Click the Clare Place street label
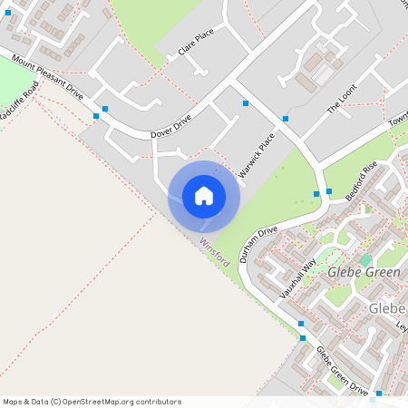point(196,42)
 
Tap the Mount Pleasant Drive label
point(47,77)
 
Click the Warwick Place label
point(256,155)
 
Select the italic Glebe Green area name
point(357,273)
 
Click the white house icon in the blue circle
point(204,196)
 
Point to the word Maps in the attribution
point(13,402)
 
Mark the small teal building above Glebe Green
point(366,259)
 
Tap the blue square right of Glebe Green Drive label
point(380,393)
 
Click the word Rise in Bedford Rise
point(370,170)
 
